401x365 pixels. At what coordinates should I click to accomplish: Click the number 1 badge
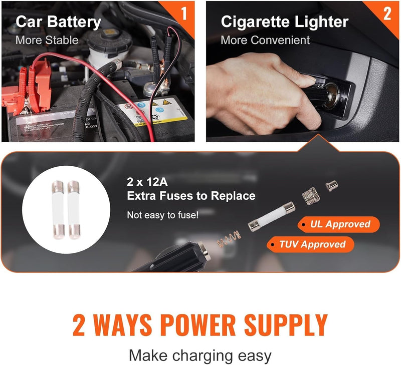click(184, 13)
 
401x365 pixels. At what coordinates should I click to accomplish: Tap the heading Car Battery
click(58, 22)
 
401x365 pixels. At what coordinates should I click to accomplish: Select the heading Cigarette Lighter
click(284, 22)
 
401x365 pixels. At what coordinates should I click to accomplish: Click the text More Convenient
click(265, 40)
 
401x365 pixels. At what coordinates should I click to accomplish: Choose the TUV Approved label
click(312, 244)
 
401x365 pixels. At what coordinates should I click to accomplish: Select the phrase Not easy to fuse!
click(162, 215)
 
